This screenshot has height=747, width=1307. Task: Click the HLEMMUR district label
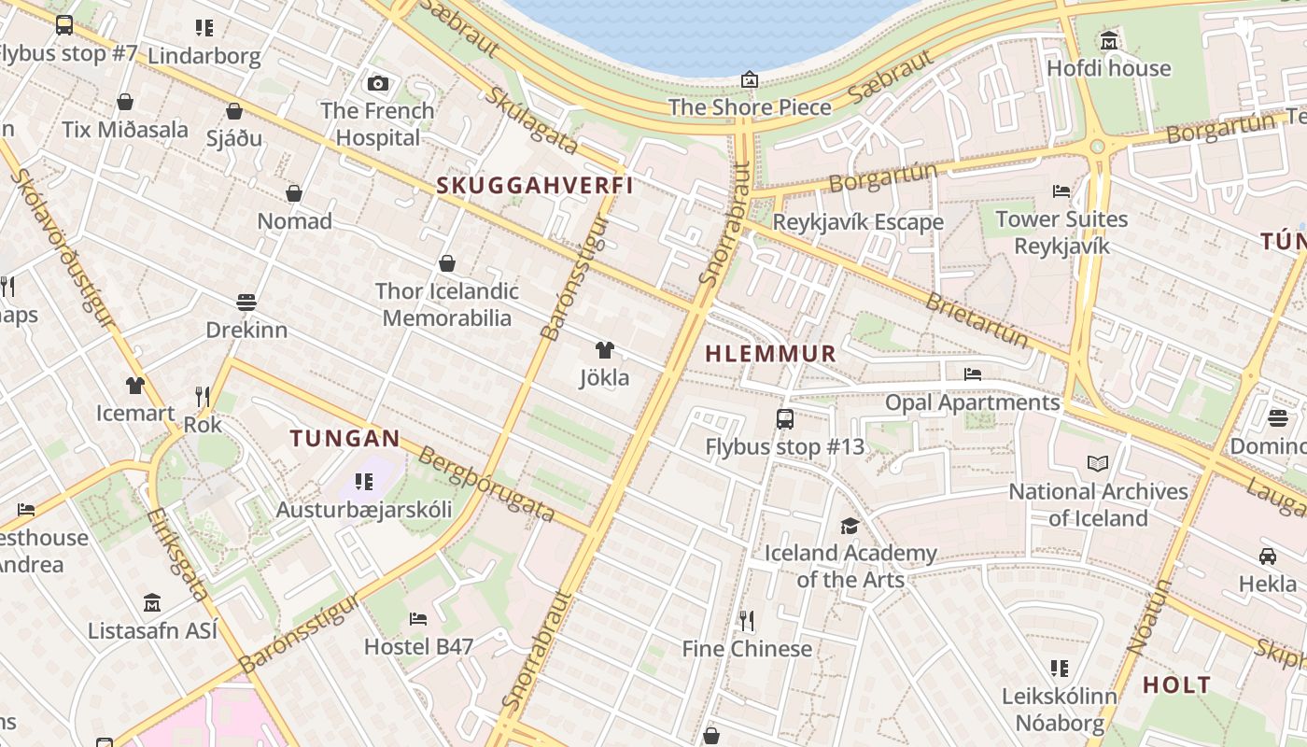click(x=770, y=354)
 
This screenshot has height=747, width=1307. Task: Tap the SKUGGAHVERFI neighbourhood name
click(x=535, y=185)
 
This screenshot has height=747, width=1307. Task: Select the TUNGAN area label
click(x=344, y=438)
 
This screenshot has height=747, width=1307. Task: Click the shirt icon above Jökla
click(x=605, y=350)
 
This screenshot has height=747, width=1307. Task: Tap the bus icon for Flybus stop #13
click(x=785, y=419)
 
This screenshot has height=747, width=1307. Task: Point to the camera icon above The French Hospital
click(x=377, y=84)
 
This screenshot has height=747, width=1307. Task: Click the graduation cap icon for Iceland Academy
click(x=850, y=527)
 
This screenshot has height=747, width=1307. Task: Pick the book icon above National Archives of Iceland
click(x=1098, y=463)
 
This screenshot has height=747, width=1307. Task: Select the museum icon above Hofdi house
click(x=1108, y=41)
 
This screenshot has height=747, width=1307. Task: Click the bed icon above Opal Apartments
click(x=973, y=374)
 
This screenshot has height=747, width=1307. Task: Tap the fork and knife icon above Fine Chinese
click(x=746, y=621)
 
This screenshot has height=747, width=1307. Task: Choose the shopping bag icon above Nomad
click(x=294, y=193)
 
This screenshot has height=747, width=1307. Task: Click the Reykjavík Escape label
click(x=858, y=222)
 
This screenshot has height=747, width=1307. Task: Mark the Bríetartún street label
click(x=977, y=319)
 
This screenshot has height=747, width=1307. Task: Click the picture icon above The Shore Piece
click(x=749, y=79)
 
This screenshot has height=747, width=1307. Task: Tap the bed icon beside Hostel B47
click(x=418, y=618)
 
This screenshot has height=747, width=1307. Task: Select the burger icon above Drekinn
click(x=246, y=303)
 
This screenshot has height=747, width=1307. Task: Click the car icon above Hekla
click(x=1267, y=557)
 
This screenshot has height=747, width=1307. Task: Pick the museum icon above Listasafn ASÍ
click(x=152, y=603)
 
